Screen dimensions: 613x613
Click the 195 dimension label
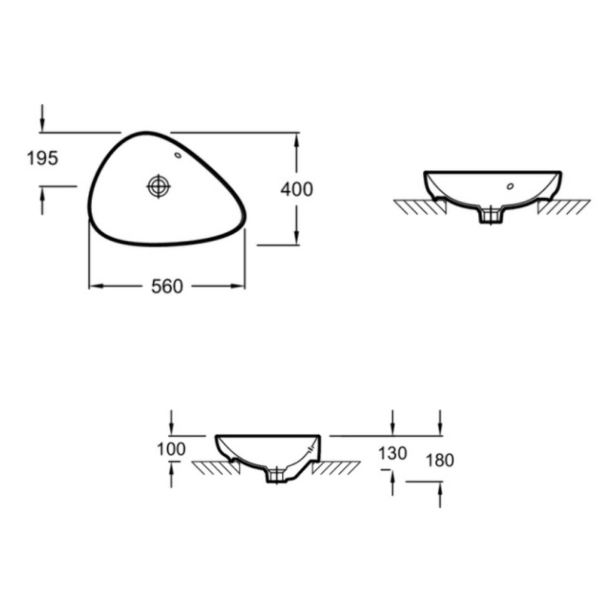43,158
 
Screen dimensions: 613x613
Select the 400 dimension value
297,189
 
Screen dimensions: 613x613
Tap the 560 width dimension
167,287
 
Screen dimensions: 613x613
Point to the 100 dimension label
171,449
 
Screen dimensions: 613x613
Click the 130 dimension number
392,453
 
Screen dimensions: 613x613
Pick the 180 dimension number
440,460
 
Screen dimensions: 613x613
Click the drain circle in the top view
158,186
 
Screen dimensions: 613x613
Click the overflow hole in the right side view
510,186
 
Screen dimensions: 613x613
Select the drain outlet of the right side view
491,216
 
